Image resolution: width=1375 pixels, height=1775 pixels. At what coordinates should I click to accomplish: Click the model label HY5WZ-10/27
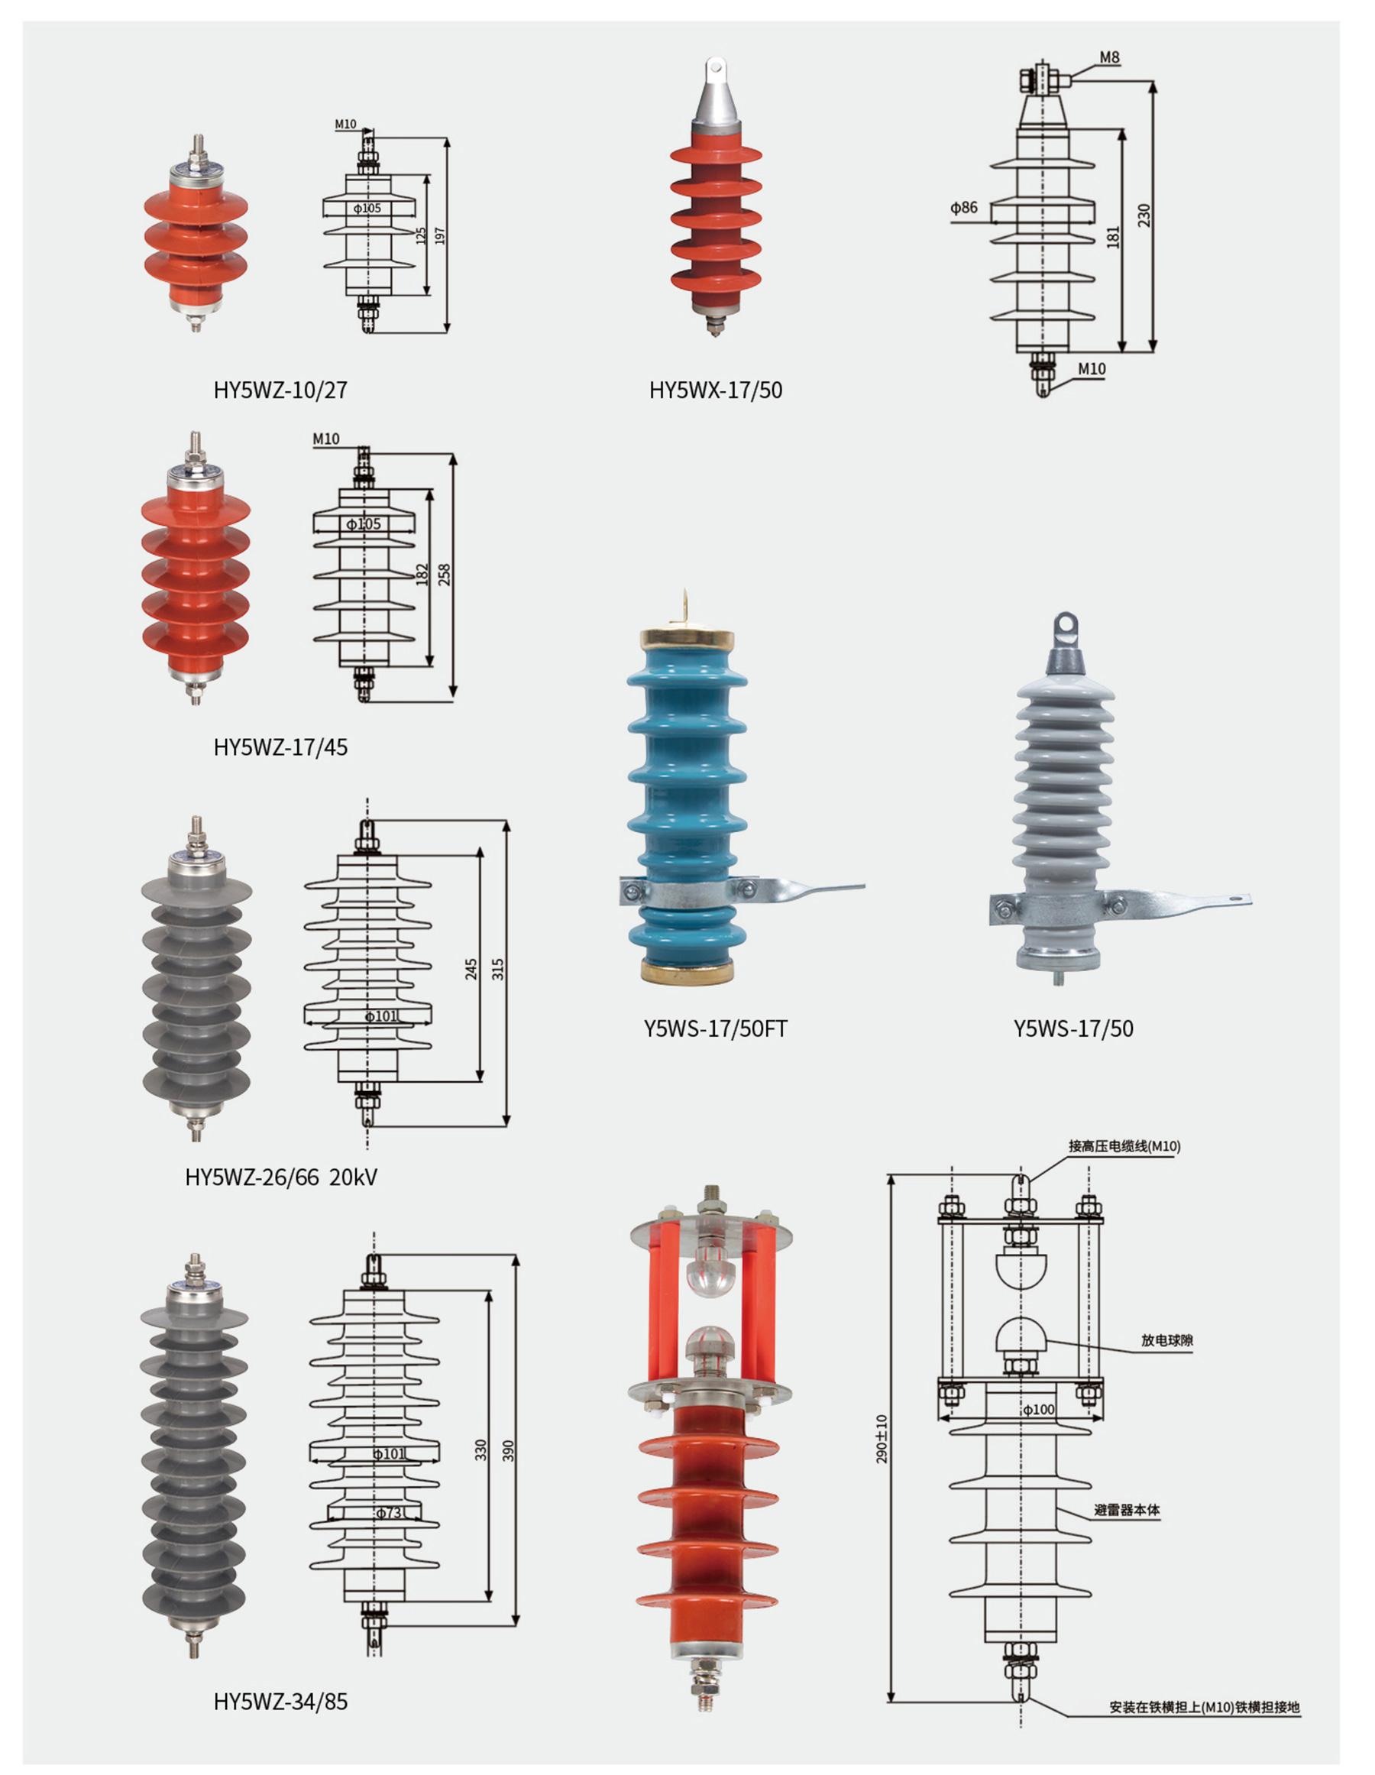click(280, 390)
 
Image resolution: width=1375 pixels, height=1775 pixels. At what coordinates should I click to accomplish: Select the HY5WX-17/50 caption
click(715, 390)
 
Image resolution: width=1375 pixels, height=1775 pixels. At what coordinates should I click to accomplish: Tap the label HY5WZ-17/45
click(280, 747)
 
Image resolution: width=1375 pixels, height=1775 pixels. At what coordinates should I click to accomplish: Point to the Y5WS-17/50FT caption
click(715, 1029)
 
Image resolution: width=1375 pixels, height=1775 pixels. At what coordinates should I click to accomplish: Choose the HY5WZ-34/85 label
click(280, 1701)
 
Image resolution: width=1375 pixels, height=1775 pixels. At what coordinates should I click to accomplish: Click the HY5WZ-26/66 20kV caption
click(281, 1177)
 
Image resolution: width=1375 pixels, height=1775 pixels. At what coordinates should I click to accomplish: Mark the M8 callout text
click(1109, 58)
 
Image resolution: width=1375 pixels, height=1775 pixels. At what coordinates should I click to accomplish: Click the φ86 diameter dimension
click(964, 207)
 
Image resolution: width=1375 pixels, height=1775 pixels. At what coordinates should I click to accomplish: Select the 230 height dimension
click(1144, 215)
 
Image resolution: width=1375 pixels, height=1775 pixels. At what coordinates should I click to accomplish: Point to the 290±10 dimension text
click(882, 1439)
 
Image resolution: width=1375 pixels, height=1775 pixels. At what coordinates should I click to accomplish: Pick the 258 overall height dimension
click(444, 575)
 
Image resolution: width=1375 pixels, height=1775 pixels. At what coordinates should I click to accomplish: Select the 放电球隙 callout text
click(1167, 1340)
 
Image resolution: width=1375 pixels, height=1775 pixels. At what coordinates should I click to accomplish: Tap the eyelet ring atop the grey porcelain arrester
click(1065, 625)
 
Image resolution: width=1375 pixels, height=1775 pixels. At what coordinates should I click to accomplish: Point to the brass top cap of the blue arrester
click(687, 637)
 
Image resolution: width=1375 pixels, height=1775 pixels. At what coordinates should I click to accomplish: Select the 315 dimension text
click(497, 969)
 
